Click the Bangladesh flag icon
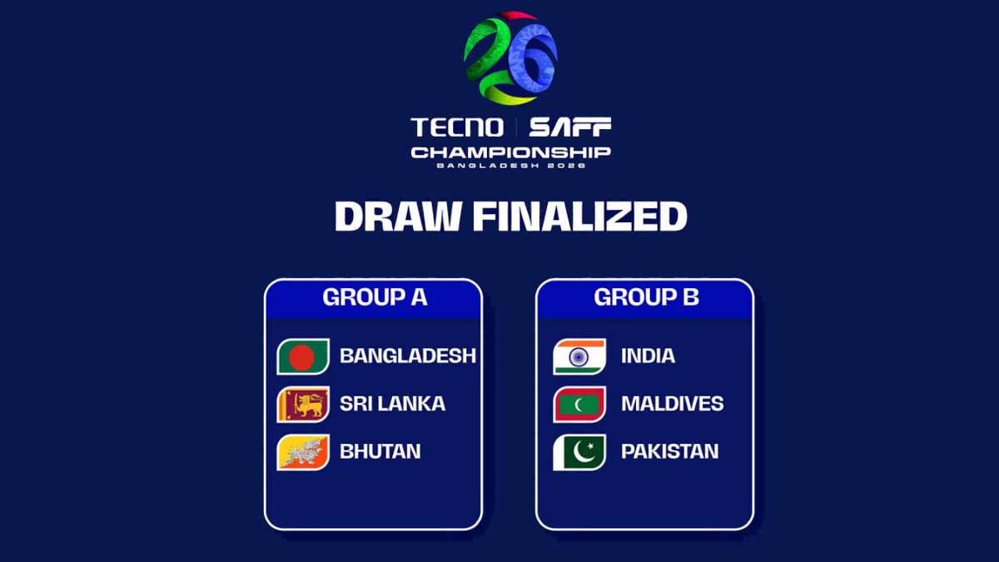(x=303, y=356)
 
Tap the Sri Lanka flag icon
(x=303, y=404)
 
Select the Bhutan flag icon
(x=303, y=452)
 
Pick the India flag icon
(x=579, y=356)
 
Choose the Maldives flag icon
(x=579, y=404)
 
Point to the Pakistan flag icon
(x=579, y=452)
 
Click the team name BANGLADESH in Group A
(x=408, y=356)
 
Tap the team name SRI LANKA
(x=392, y=404)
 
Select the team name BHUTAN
(x=380, y=451)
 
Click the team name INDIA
(x=648, y=356)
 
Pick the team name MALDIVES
(x=673, y=404)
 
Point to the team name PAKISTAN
(x=670, y=451)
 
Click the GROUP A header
(x=375, y=297)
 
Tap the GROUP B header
(x=646, y=297)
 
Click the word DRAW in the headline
(x=397, y=216)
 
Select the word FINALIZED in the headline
(x=580, y=216)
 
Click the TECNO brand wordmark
(x=457, y=127)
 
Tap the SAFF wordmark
(x=570, y=127)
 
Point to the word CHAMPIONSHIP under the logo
(x=510, y=153)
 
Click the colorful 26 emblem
(x=509, y=58)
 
